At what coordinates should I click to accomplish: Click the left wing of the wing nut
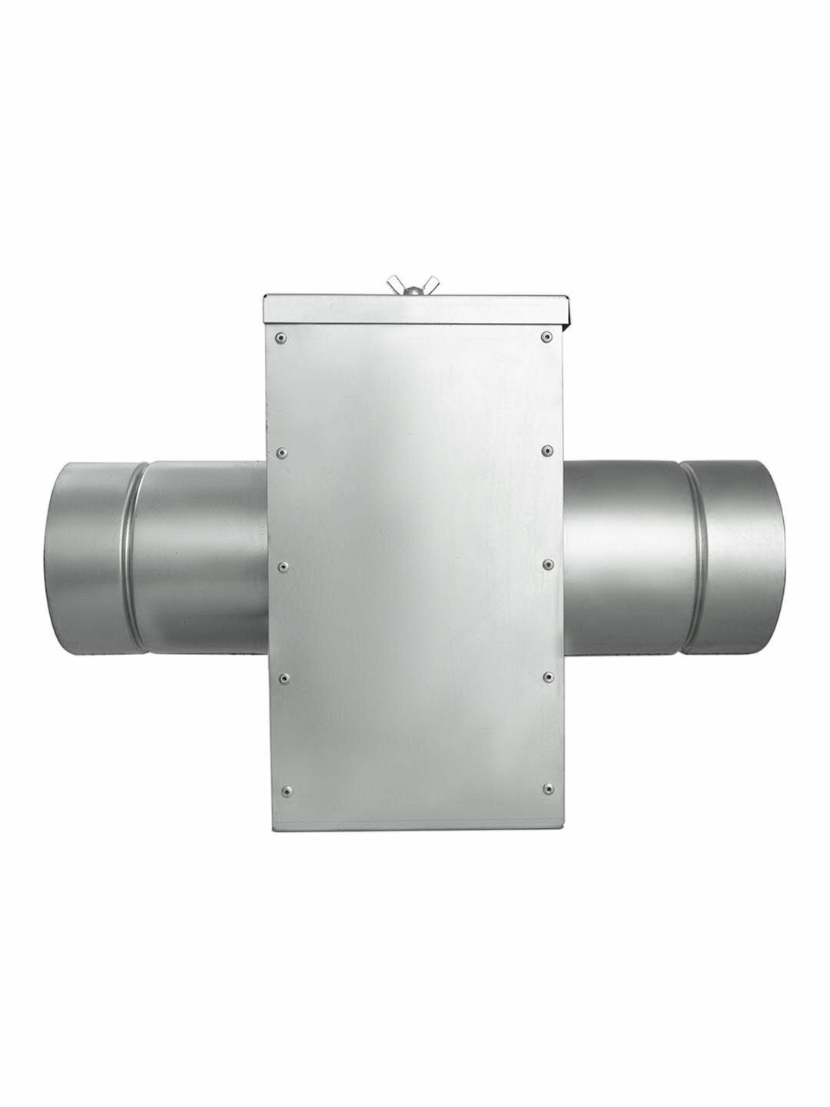399,278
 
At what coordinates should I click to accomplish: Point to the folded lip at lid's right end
569,311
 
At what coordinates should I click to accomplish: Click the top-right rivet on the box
546,337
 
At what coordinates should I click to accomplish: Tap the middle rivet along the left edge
284,565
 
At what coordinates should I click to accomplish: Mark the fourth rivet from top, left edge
284,676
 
